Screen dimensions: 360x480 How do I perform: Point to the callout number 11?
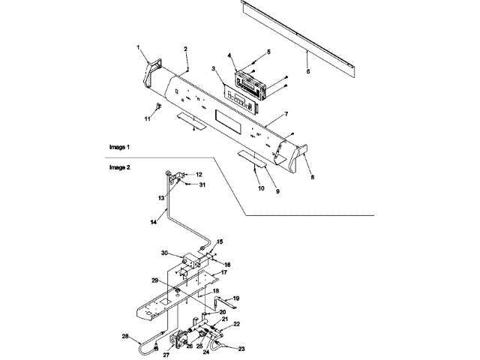[x=148, y=119]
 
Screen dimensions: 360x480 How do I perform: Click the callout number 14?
[x=154, y=222]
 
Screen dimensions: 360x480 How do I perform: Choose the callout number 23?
[x=241, y=349]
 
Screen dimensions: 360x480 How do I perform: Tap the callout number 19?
[x=235, y=298]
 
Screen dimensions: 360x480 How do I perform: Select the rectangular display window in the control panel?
[x=228, y=118]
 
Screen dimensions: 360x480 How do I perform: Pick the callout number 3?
[x=214, y=69]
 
